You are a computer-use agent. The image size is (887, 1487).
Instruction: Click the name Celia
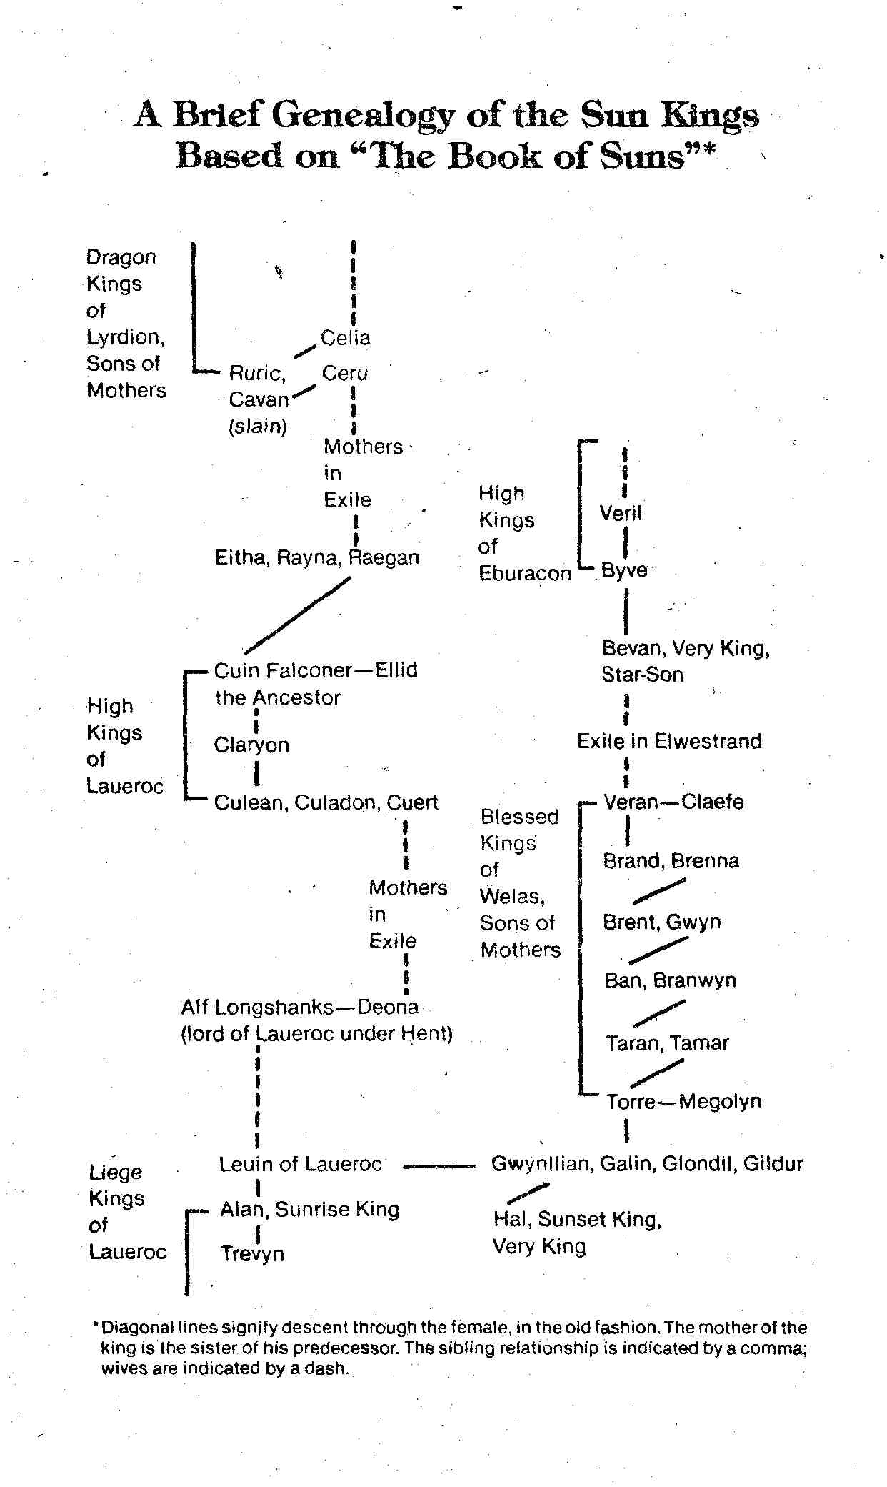pos(346,338)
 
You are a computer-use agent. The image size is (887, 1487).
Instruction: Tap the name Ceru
pos(345,373)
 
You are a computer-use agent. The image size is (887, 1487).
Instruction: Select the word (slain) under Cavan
pos(258,427)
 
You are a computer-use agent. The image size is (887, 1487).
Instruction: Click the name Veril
pos(621,513)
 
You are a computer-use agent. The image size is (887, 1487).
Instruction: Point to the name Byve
pos(624,570)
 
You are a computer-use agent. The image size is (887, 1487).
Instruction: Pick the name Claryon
pos(251,745)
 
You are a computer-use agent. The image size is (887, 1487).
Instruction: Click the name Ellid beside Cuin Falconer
pos(396,670)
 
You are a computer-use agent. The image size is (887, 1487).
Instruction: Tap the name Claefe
pos(712,802)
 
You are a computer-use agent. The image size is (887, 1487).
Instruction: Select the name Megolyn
pos(720,1102)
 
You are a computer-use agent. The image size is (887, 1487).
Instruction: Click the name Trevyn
pos(252,1254)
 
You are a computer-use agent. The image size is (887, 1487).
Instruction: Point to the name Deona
pos(388,1008)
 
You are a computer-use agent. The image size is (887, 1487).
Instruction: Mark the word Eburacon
pos(525,574)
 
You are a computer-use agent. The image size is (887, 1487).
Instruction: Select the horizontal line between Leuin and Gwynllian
pos(439,1166)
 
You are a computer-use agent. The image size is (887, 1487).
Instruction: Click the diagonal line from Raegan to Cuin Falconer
pos(298,615)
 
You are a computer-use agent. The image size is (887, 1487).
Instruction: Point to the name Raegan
pos(384,558)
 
